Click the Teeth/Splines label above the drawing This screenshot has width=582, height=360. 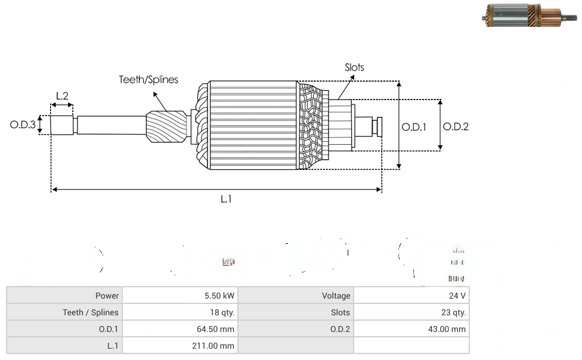(148, 79)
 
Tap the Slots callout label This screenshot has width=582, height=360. (354, 67)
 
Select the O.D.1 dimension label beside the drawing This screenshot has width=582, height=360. (414, 126)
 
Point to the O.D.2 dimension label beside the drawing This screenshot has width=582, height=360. (456, 126)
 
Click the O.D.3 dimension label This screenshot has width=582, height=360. (23, 125)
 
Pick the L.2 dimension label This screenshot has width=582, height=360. (62, 95)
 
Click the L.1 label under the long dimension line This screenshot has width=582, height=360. (226, 200)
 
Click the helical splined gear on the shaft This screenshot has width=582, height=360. (166, 128)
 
